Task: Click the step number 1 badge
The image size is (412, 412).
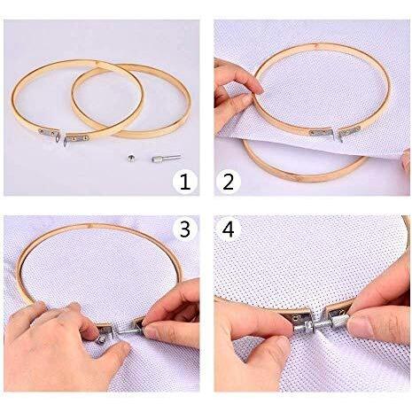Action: tap(185, 182)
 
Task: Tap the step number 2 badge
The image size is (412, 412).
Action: tap(229, 182)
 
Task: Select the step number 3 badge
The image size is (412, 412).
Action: tap(185, 229)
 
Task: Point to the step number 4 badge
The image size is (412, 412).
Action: tap(229, 229)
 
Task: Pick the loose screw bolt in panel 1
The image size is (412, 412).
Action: tap(166, 158)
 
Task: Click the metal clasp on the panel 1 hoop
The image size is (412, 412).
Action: tap(64, 136)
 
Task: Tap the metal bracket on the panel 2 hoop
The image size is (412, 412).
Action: tap(335, 133)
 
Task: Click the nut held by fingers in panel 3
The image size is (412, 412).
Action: tap(101, 340)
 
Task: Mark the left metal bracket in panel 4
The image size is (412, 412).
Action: tap(297, 316)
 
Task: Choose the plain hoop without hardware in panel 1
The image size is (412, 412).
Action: tap(131, 100)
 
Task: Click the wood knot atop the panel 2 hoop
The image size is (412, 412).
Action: tap(316, 45)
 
